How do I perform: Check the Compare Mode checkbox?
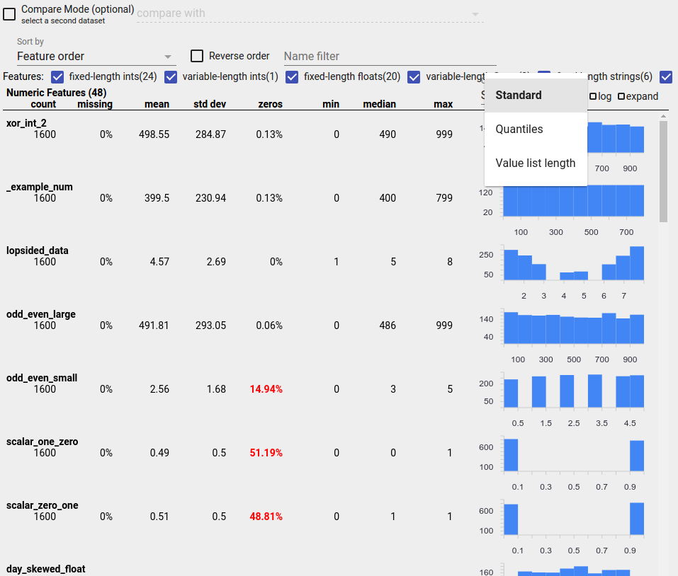coord(9,14)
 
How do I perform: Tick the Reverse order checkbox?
coord(197,56)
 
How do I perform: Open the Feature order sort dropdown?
coord(95,56)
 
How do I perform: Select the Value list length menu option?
coord(536,163)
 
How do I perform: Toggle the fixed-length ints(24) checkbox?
coord(58,76)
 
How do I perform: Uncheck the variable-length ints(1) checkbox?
coord(171,76)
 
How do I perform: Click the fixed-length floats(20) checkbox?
coord(292,76)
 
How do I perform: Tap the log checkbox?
coord(593,97)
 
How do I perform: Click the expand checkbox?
coord(621,97)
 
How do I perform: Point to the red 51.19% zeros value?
coord(266,453)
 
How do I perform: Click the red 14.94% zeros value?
coord(266,389)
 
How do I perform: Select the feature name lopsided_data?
coord(38,250)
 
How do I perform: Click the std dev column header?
coord(210,105)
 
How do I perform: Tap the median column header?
coord(379,105)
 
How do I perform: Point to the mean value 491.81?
coord(154,326)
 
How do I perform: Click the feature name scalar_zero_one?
coord(42,505)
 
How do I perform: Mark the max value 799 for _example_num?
coord(443,198)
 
